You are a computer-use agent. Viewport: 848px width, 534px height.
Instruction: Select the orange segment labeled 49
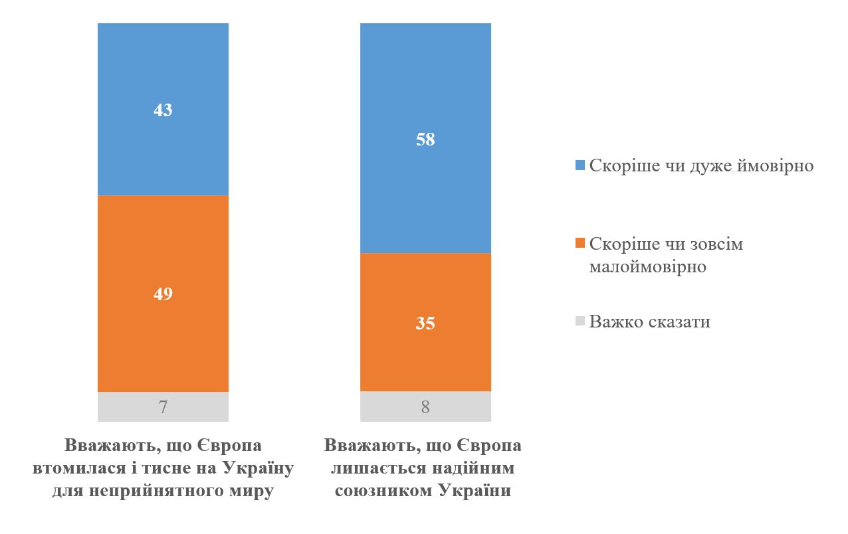163,252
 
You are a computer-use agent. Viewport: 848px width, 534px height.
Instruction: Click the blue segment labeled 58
425,86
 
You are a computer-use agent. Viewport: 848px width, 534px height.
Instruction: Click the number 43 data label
163,110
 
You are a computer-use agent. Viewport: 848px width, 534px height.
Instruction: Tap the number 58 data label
425,139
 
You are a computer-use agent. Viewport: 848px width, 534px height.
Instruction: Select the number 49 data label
163,294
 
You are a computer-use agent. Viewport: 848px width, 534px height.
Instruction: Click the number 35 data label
425,323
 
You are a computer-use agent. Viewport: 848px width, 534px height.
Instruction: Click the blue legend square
580,166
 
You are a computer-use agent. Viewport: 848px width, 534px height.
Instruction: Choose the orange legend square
580,244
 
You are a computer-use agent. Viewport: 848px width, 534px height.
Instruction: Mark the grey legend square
580,321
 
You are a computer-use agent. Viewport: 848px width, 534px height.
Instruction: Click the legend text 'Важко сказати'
650,321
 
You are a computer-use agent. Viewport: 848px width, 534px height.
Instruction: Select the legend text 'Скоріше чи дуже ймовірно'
701,165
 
